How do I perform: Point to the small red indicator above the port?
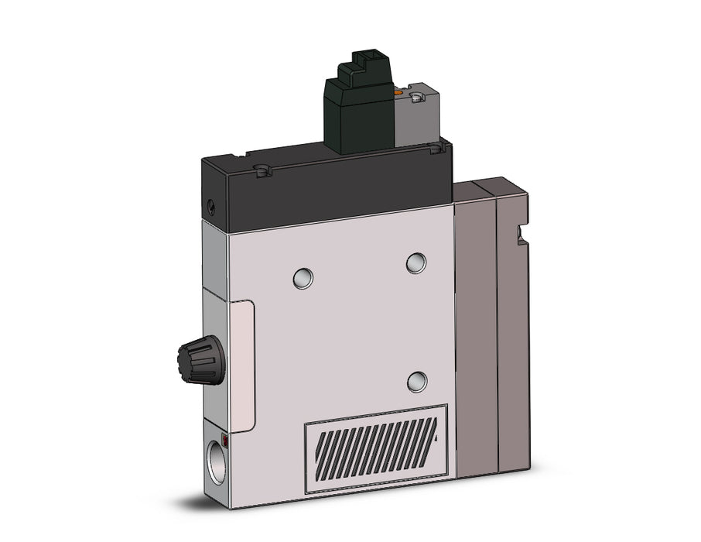pyautogui.click(x=225, y=440)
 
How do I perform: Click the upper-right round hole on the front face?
pyautogui.click(x=416, y=262)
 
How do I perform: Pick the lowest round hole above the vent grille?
pyautogui.click(x=417, y=380)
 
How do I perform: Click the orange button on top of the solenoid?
pyautogui.click(x=398, y=94)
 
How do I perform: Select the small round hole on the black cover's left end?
pyautogui.click(x=210, y=206)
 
